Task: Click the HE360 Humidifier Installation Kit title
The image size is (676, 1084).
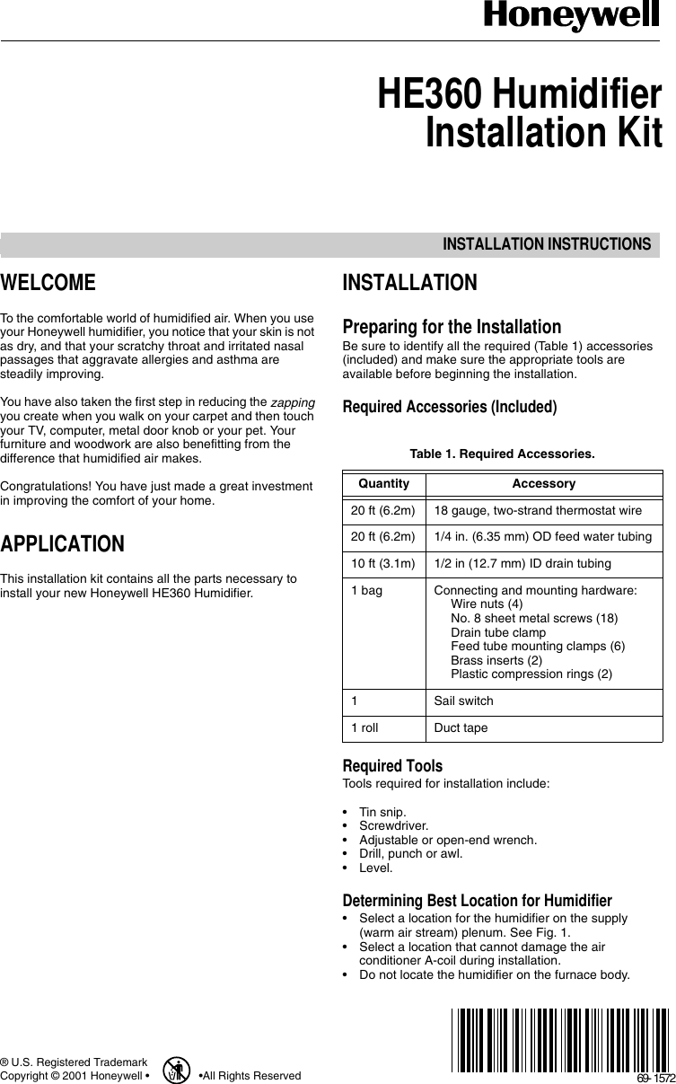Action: click(520, 114)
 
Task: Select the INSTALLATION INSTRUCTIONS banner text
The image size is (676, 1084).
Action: click(546, 245)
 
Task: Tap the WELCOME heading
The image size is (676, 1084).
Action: click(48, 284)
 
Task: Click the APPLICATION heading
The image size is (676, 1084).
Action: click(62, 544)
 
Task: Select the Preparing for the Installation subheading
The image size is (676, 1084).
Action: click(452, 327)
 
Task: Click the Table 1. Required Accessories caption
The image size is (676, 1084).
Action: click(502, 454)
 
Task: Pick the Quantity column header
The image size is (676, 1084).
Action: click(383, 483)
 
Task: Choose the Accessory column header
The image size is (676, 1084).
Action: click(543, 483)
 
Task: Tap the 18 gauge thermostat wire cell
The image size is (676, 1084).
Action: click(537, 510)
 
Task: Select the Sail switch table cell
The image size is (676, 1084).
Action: click(463, 701)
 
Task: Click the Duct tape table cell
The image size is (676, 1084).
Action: click(461, 727)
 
